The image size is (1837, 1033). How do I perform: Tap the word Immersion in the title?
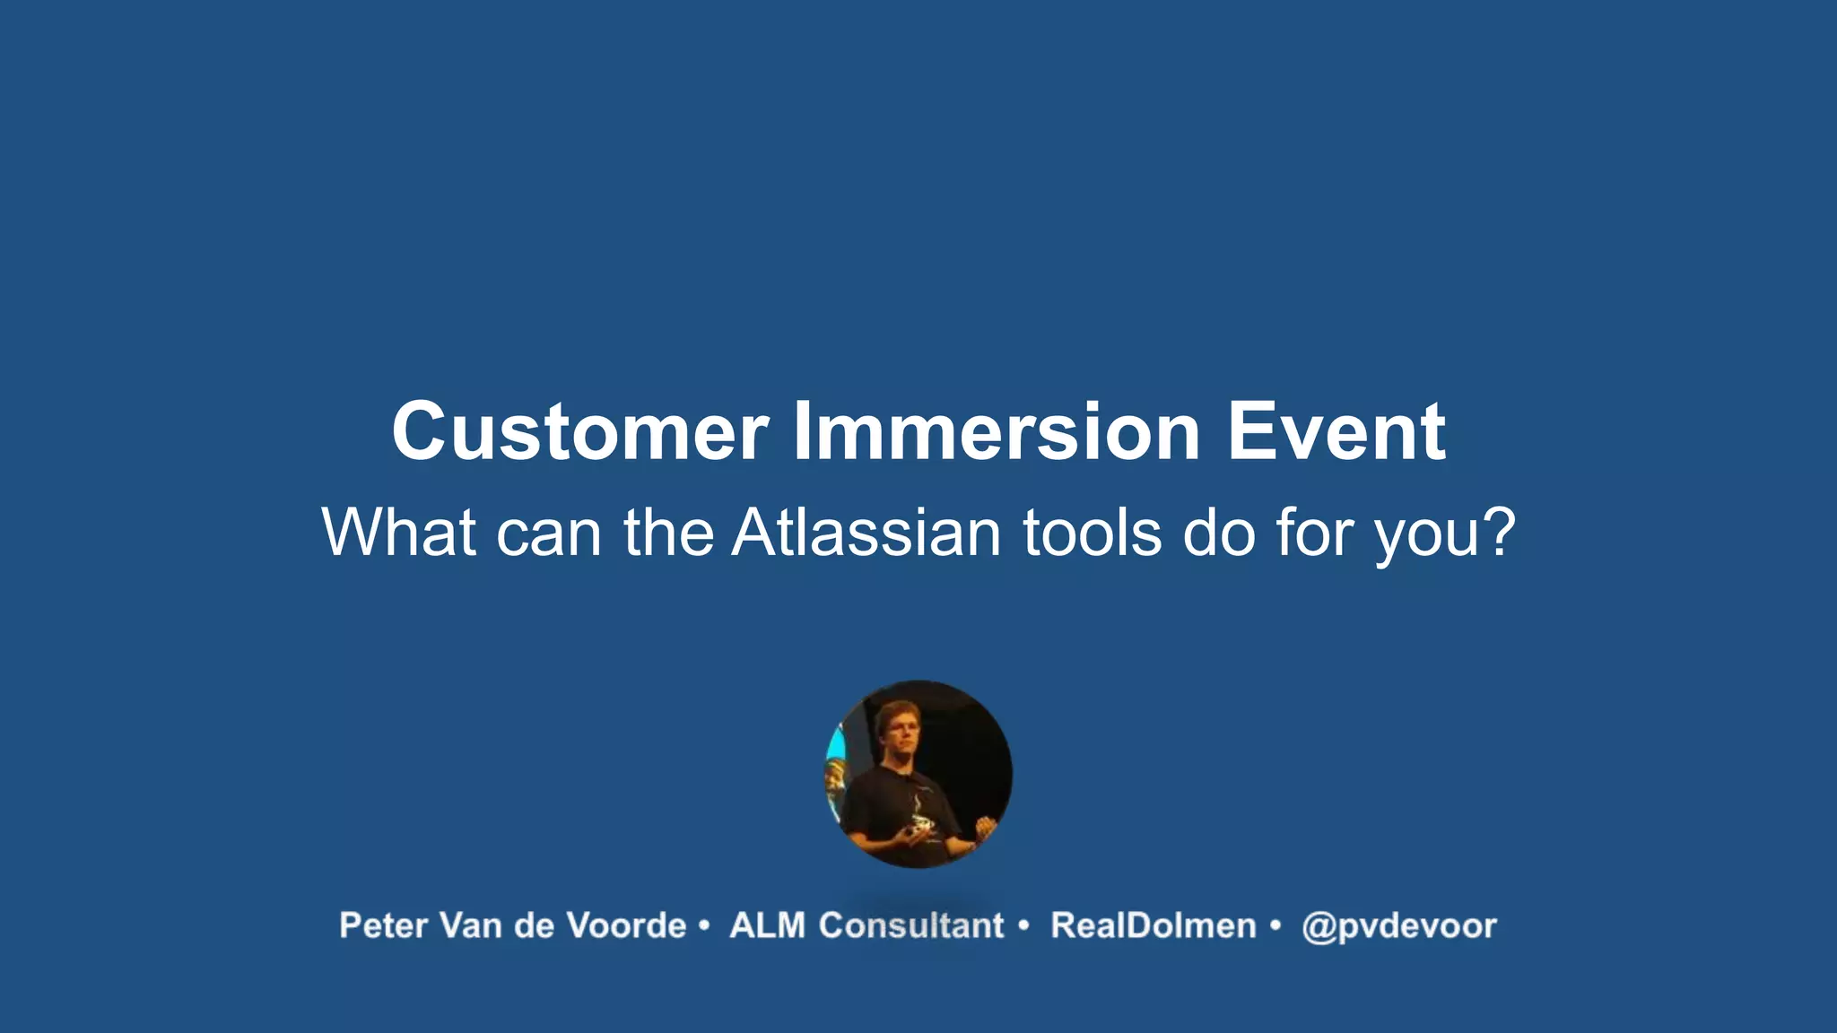pos(996,432)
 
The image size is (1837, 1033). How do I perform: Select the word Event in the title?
pos(1336,432)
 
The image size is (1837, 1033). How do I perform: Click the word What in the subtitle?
pos(398,533)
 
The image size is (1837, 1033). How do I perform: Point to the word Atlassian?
pos(866,533)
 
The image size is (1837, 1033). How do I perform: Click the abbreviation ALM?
pos(767,926)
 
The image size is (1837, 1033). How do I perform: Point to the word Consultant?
pos(910,926)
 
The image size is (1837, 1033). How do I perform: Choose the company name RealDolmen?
pos(1153,926)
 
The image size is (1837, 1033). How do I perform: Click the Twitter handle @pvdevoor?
pos(1398,926)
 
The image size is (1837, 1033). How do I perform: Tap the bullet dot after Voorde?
pos(704,924)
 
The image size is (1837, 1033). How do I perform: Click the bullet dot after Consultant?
pos(1023,924)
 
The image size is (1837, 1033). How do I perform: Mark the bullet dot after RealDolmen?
pos(1275,924)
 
